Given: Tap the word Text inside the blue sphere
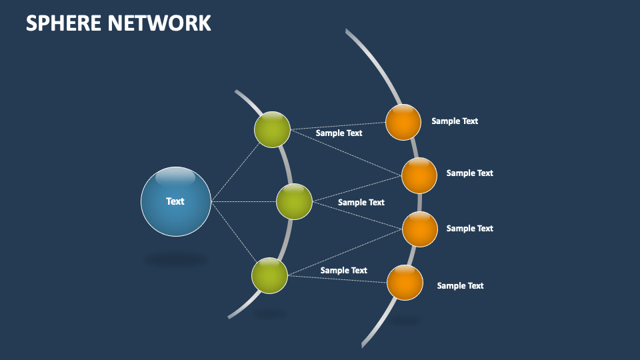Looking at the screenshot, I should pos(175,201).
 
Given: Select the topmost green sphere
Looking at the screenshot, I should pos(272,129).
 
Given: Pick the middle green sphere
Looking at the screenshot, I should pos(294,201).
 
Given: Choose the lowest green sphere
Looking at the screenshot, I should pos(269,275).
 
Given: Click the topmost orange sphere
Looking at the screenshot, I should pos(403,123).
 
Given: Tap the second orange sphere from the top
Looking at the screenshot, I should pos(419,175).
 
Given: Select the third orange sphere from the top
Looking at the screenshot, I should pos(420,229).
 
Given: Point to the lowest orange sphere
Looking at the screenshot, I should pos(405,283).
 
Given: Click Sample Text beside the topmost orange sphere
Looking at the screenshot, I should pos(455,121).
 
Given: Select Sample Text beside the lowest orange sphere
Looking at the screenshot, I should pos(460,286).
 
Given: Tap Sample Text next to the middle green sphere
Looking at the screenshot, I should pos(361,203).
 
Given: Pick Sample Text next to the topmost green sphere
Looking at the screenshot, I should pos(339,133).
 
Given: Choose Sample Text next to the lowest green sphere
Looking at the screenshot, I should pos(343,271).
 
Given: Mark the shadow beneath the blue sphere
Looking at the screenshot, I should pos(176,259).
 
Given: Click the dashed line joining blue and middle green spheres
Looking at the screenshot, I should pos(243,201).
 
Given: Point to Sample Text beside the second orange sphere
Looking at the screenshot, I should pos(469,173).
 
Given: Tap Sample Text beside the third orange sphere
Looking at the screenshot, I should pos(469,229).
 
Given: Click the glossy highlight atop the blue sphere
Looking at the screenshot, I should pos(175,178).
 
